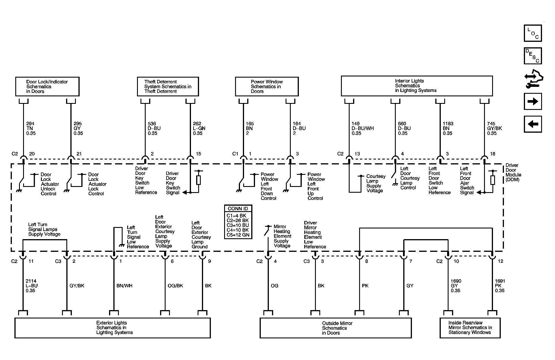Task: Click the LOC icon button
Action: point(532,33)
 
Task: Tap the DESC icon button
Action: point(532,56)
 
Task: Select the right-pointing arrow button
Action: point(532,101)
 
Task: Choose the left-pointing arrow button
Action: point(532,124)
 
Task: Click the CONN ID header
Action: point(238,209)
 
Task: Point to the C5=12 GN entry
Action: point(238,235)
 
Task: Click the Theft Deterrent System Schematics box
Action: point(168,87)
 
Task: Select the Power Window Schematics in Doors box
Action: point(267,87)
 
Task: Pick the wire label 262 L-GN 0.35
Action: point(199,128)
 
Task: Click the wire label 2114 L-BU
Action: point(31,286)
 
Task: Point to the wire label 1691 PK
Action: point(500,286)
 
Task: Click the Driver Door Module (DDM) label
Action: point(513,172)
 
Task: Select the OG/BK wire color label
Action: point(175,286)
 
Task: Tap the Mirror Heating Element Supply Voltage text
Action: point(282,236)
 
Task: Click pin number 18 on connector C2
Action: point(492,154)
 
